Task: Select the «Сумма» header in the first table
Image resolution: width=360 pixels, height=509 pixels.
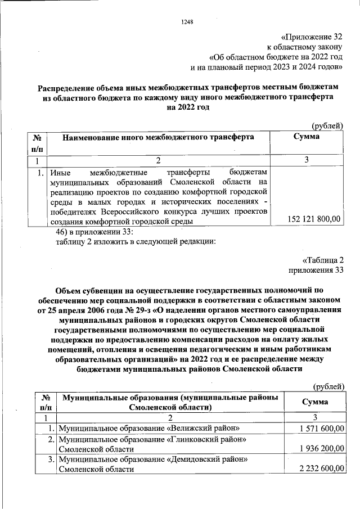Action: coord(307,137)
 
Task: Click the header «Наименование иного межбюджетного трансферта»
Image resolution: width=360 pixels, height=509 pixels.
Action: coord(158,137)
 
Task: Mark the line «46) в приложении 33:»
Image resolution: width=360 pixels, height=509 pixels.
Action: coord(93,232)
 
